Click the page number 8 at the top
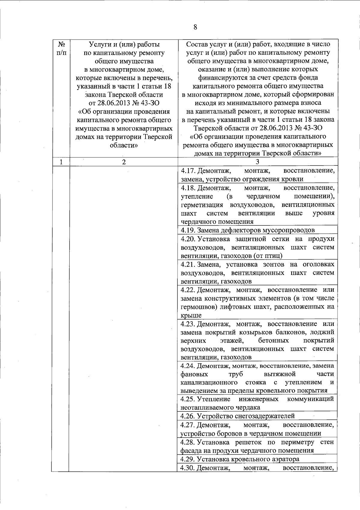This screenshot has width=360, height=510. (195, 27)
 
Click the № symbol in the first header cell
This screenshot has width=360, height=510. (61, 44)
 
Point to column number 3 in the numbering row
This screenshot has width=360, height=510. (257, 162)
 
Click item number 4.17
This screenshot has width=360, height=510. (188, 171)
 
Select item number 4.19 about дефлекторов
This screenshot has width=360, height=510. (188, 230)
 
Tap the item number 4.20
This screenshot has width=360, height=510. (188, 239)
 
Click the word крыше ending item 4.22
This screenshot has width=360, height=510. (191, 315)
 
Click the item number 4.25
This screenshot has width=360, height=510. (188, 399)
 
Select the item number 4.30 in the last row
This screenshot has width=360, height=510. (188, 468)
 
